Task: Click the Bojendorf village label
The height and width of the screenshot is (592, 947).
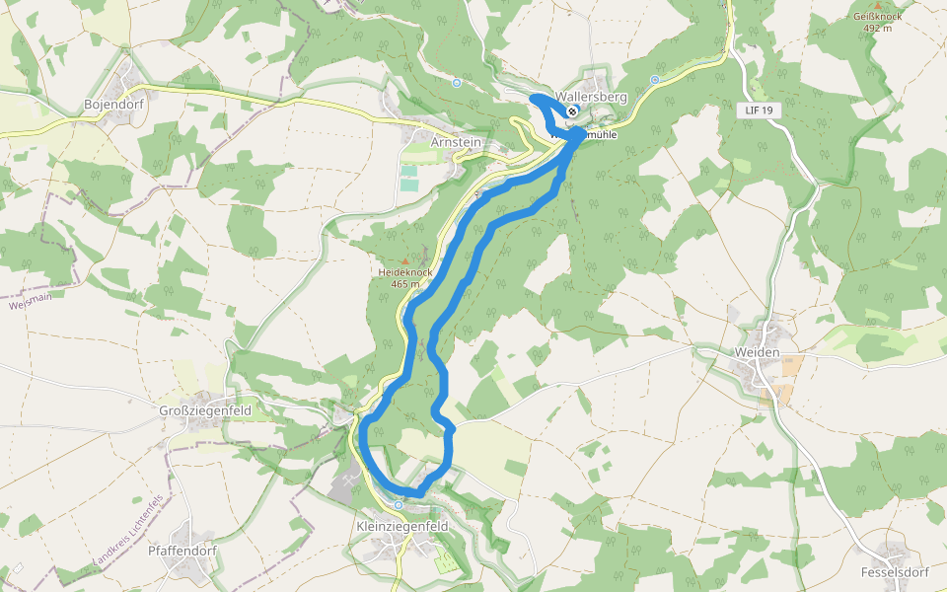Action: [x=114, y=104]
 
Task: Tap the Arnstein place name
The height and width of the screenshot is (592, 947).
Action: [x=456, y=142]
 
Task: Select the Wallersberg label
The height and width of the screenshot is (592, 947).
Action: [x=592, y=98]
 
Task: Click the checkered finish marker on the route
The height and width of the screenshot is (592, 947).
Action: [x=572, y=111]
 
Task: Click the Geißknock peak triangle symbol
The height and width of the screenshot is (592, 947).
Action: [x=878, y=6]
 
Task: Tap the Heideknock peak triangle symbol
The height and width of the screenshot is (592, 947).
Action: [x=403, y=259]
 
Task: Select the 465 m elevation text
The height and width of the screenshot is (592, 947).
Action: [x=404, y=284]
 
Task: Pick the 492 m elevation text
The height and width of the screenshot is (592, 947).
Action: [x=878, y=28]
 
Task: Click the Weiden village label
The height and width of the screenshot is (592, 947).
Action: [x=757, y=352]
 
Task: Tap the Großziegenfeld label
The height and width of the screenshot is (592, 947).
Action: [x=205, y=410]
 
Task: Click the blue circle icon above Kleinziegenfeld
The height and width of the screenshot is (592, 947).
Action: [x=399, y=505]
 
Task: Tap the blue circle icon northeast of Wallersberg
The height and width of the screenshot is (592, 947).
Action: [x=655, y=79]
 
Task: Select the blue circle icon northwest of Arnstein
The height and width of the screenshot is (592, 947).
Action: [x=457, y=83]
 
